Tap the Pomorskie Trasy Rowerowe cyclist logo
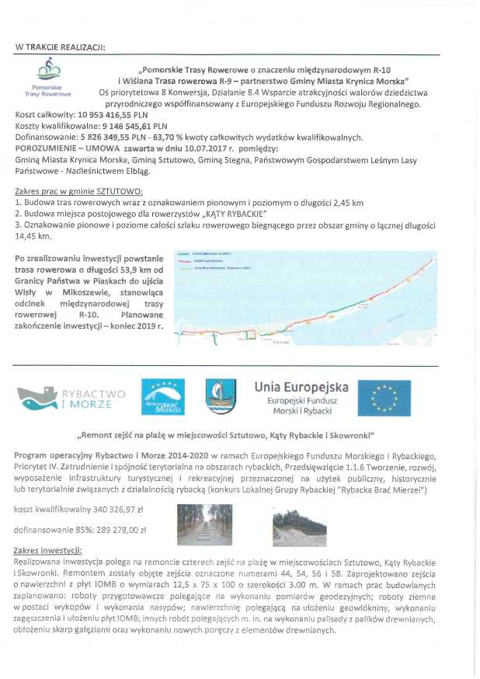click(49, 71)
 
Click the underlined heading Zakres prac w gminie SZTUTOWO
click(78, 190)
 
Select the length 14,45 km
click(33, 235)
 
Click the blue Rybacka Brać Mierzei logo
click(162, 398)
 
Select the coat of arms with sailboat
click(220, 397)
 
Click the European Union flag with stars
click(384, 398)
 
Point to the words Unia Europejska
click(301, 386)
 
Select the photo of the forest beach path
click(202, 524)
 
